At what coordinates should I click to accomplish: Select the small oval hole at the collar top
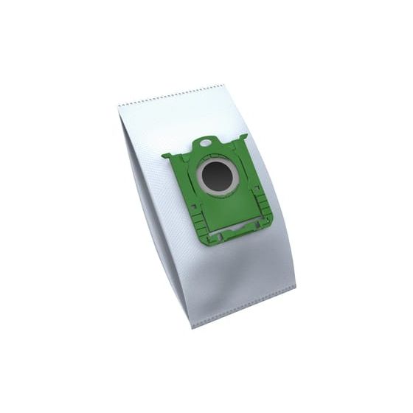pos(206,142)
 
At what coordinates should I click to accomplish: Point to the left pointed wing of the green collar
pos(167,156)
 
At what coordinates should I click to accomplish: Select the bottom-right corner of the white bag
pos(294,287)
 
